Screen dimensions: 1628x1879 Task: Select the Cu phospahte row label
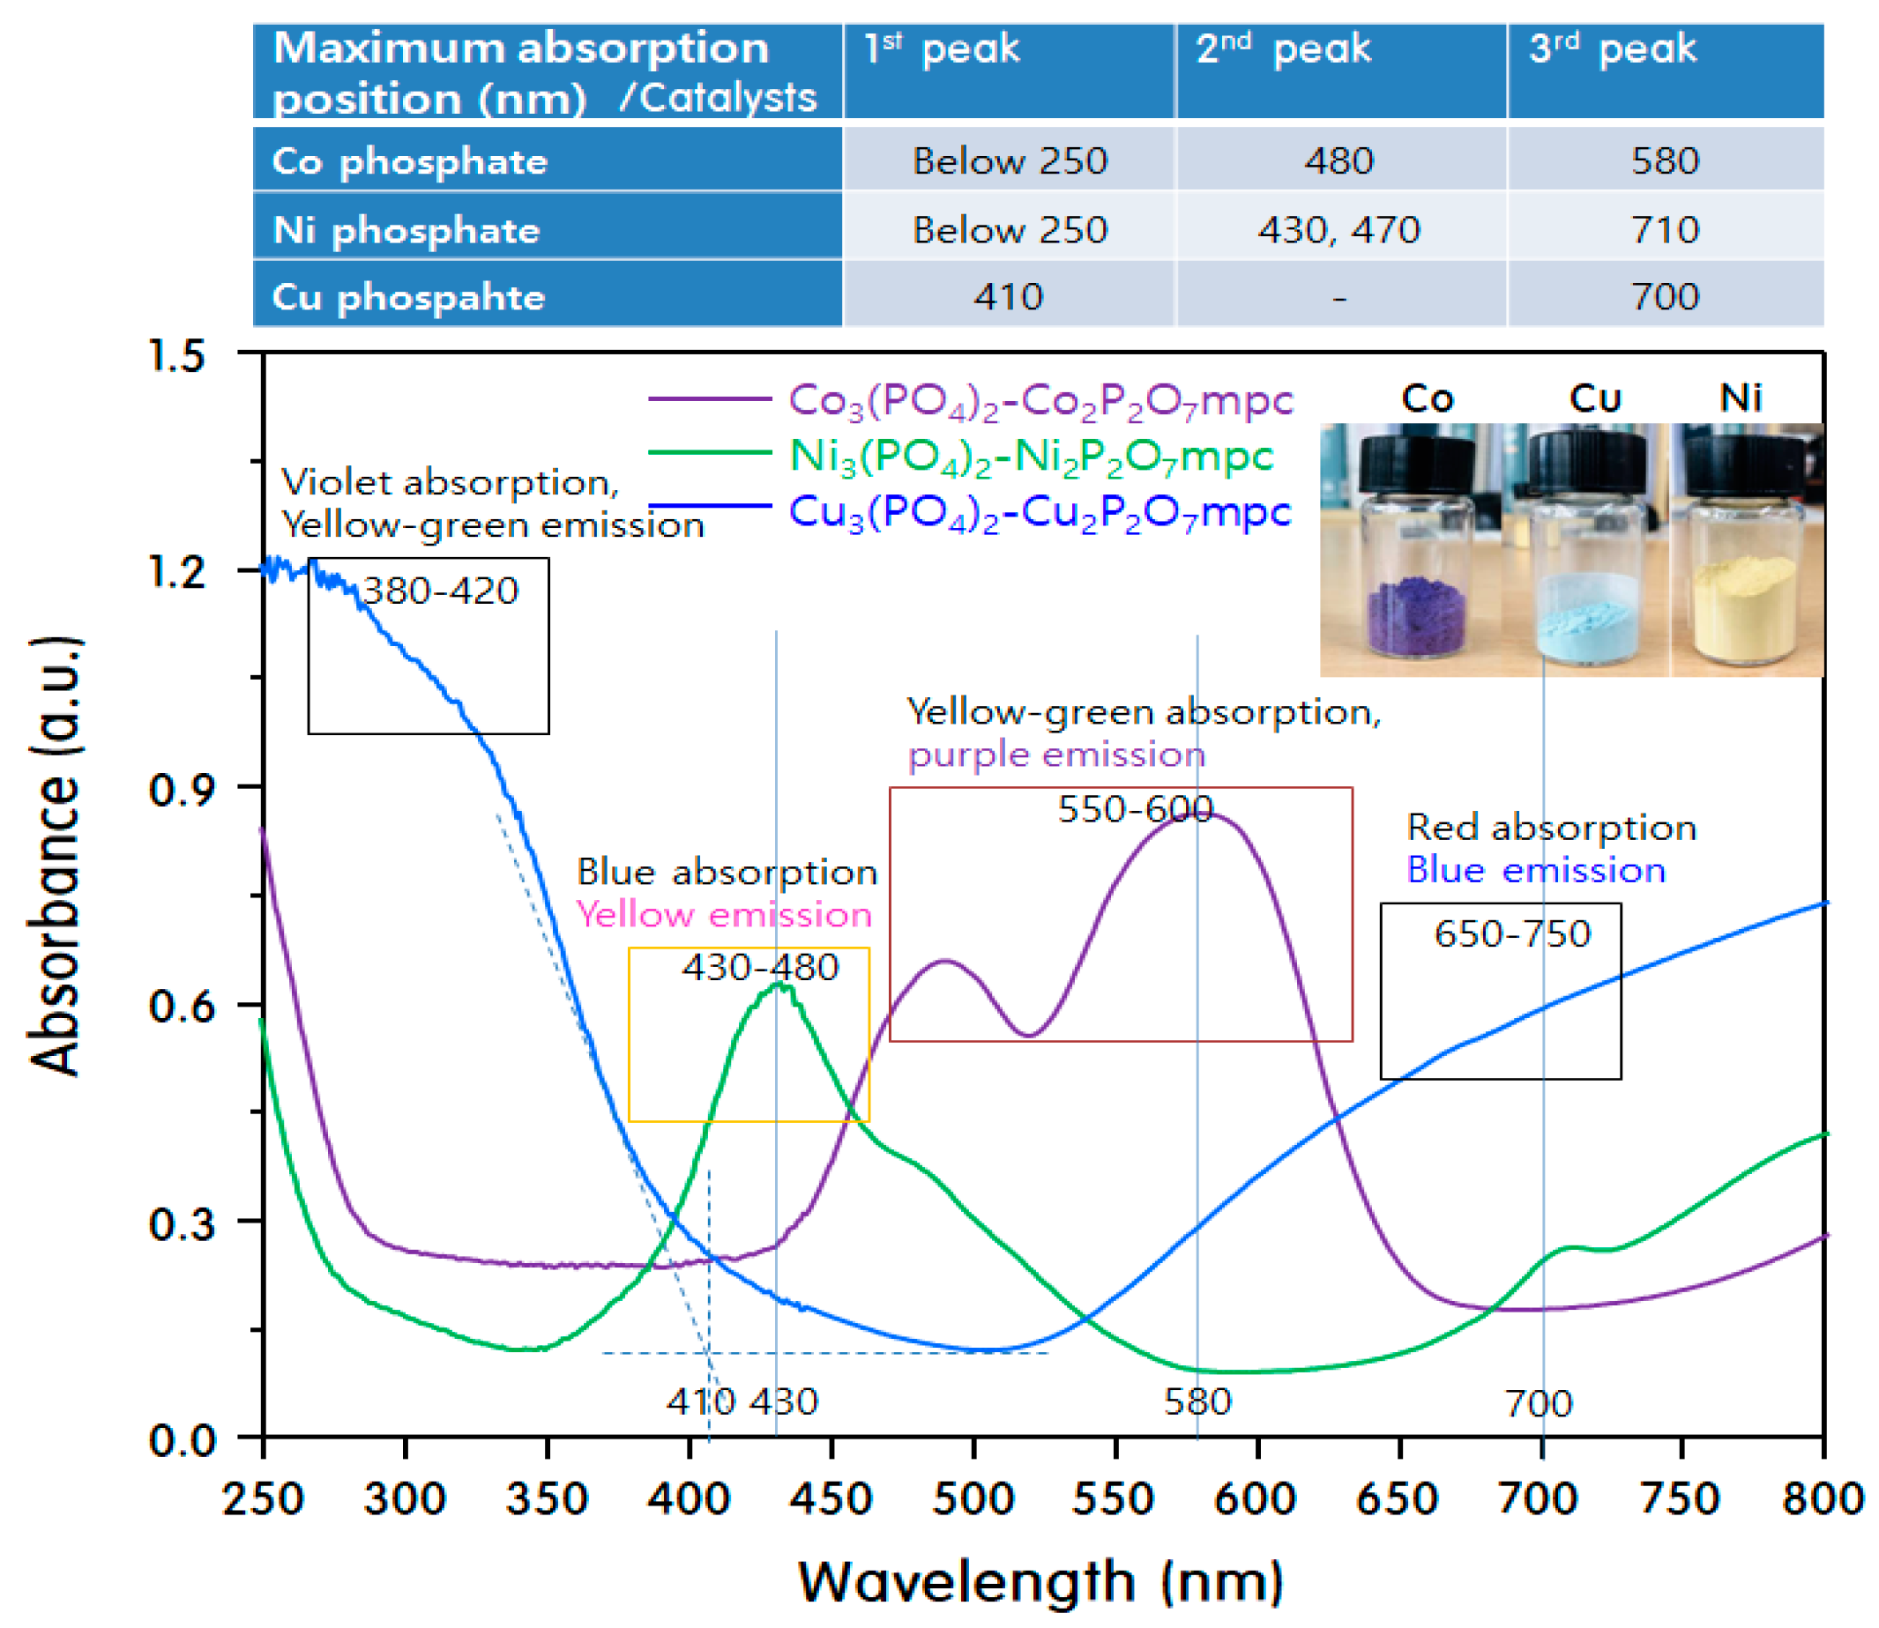pos(409,297)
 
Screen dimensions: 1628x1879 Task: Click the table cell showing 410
pos(1008,296)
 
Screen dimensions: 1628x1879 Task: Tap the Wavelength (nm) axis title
pos(1040,1581)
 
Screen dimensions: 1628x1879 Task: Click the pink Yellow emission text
pos(724,915)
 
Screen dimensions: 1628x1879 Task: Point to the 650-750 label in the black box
pos(1512,934)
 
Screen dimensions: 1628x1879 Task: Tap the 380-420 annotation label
pos(440,591)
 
